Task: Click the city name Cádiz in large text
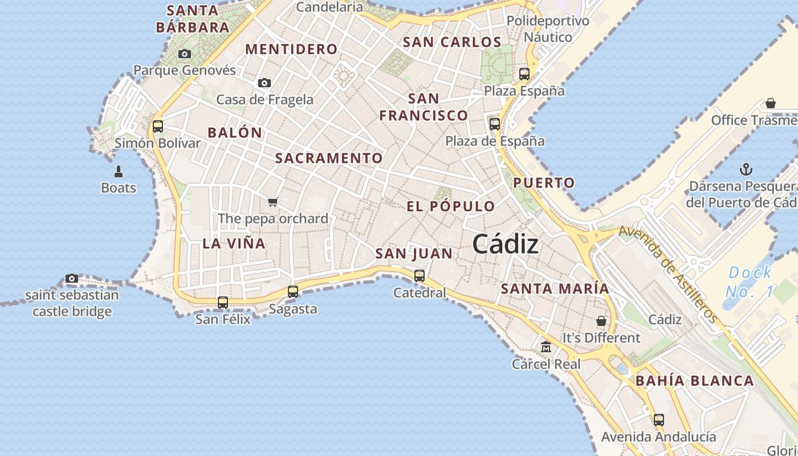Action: pyautogui.click(x=505, y=244)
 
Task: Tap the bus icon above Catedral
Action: pyautogui.click(x=420, y=276)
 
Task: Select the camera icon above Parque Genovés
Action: pyautogui.click(x=185, y=54)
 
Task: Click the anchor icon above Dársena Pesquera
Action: pyautogui.click(x=746, y=169)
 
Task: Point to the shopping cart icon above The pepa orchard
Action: pyautogui.click(x=273, y=202)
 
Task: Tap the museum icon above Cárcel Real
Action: pyautogui.click(x=546, y=347)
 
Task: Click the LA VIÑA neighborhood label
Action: pyautogui.click(x=234, y=243)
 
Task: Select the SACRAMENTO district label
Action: pyautogui.click(x=329, y=158)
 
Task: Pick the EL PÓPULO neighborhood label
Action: pyautogui.click(x=450, y=206)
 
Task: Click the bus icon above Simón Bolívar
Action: pyautogui.click(x=158, y=126)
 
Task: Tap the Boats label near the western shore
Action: pyautogui.click(x=119, y=188)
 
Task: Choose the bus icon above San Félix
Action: pyautogui.click(x=223, y=302)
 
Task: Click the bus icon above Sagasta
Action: pyautogui.click(x=293, y=291)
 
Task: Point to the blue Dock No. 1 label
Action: pyautogui.click(x=750, y=282)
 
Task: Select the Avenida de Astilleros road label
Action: pyautogui.click(x=667, y=274)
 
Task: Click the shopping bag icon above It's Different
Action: pyautogui.click(x=601, y=321)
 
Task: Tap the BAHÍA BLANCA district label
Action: pyautogui.click(x=694, y=381)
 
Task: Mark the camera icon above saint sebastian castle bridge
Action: pyautogui.click(x=72, y=278)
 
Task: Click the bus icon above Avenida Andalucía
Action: pyautogui.click(x=659, y=420)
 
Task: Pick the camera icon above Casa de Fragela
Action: pyautogui.click(x=264, y=83)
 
